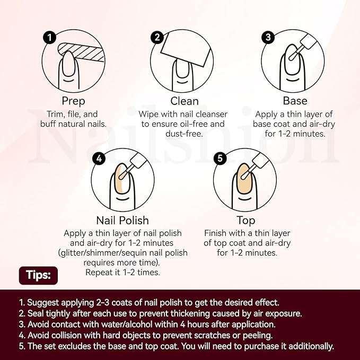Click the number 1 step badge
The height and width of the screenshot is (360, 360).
point(50,38)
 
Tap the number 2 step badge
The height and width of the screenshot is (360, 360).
point(157,38)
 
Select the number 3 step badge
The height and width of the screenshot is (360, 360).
point(268,37)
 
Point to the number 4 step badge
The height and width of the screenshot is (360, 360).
point(99,159)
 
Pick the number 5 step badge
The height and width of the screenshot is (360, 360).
point(220,159)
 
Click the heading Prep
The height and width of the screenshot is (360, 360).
point(74,101)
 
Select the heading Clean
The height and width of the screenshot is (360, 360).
point(185,101)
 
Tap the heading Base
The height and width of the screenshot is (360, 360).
point(295,101)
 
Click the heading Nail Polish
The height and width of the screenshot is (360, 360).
point(122,221)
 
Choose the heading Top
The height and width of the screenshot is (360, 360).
point(246,221)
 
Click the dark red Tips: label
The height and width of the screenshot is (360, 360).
point(38,275)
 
